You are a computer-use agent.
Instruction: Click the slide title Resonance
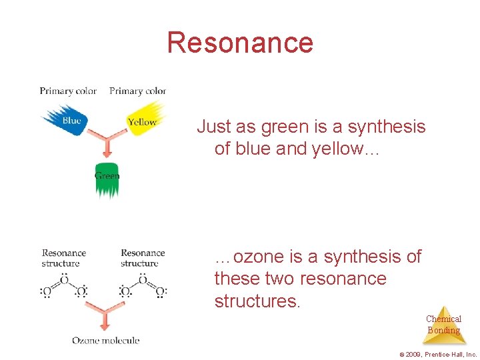(240, 43)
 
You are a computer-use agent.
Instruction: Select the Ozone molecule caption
(105, 341)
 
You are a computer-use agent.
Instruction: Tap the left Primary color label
(68, 91)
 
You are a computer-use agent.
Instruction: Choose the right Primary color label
(137, 91)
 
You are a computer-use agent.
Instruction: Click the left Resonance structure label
(64, 258)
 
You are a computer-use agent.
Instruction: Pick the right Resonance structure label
(143, 258)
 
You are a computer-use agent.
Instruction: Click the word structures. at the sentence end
(257, 301)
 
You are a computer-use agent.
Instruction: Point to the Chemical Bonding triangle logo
(443, 324)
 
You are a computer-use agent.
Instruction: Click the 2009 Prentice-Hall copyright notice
(437, 355)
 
